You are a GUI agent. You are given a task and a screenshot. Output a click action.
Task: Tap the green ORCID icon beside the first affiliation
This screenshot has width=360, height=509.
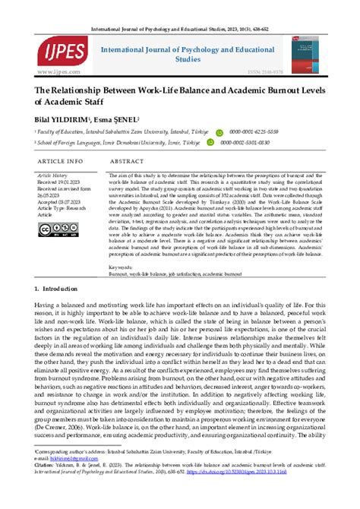(219, 131)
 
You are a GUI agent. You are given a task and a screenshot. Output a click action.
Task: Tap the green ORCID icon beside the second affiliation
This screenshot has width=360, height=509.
(219, 142)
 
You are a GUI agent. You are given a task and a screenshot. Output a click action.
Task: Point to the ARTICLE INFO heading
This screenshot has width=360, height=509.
(61, 162)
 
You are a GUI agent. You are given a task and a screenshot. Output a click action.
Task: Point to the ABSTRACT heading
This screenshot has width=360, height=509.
(127, 162)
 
